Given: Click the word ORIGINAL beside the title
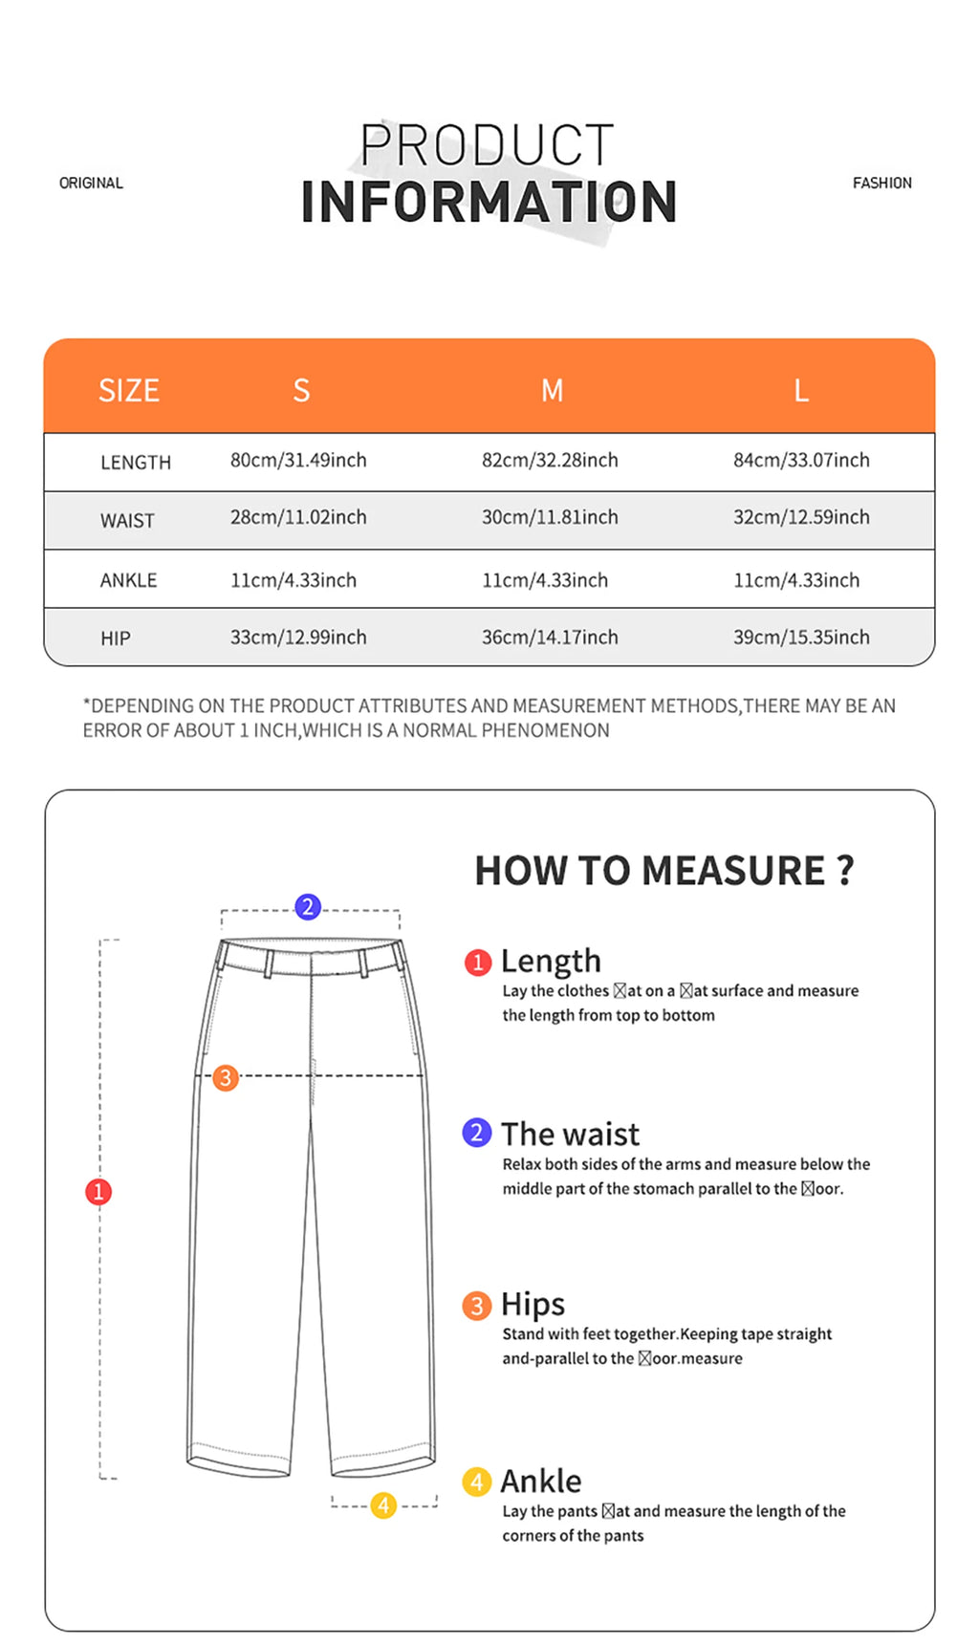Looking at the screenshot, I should [x=91, y=183].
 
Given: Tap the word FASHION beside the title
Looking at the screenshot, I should [x=881, y=183].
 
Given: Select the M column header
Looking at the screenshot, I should [x=552, y=390].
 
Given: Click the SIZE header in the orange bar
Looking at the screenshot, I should [x=129, y=390].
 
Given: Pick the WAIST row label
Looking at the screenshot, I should [x=127, y=521].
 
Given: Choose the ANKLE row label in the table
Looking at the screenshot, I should [x=128, y=580].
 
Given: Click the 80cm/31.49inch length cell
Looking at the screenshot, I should [x=298, y=460].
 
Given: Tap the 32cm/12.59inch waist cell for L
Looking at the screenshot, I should [x=801, y=517].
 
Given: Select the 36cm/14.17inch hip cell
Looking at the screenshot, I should [x=550, y=637].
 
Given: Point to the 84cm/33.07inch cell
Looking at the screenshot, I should [x=801, y=460].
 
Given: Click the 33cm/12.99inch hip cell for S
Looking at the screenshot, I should [x=298, y=637].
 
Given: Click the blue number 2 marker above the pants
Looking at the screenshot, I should [x=308, y=906].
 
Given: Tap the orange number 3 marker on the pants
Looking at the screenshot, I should [x=226, y=1077].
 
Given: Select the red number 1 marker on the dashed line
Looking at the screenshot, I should [x=98, y=1191].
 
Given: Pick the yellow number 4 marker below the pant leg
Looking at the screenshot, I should [x=383, y=1505].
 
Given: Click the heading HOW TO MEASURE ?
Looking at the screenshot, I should [x=664, y=871].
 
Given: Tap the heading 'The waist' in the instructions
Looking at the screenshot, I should [x=570, y=1134].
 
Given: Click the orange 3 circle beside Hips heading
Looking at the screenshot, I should [x=477, y=1306].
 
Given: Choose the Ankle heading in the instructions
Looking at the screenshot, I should [x=541, y=1481].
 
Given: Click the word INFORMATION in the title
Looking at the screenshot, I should [x=489, y=202].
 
